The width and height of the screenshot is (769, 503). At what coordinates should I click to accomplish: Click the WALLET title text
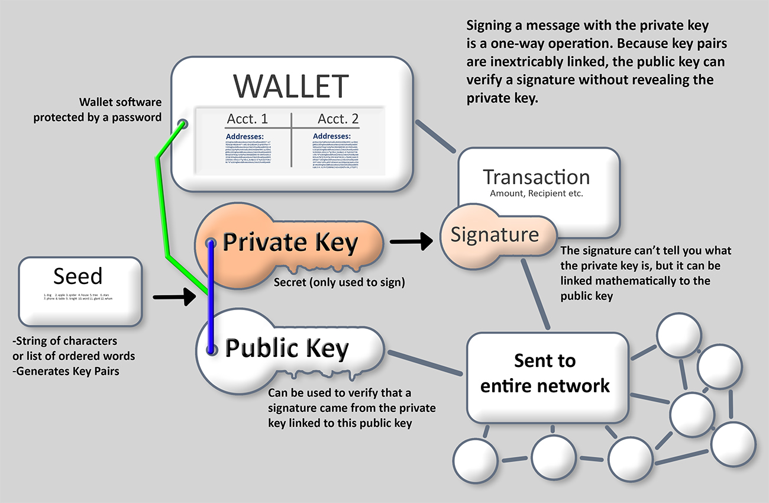(290, 86)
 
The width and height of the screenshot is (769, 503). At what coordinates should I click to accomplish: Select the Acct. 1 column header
(247, 119)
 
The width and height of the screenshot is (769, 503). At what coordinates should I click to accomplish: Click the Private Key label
(290, 243)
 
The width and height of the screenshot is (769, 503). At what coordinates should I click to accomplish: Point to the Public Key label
(287, 349)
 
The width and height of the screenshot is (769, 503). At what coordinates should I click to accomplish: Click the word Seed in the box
(77, 276)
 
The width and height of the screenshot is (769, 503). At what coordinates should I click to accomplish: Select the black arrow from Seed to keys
(174, 297)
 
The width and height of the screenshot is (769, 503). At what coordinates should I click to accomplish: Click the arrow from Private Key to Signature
(411, 241)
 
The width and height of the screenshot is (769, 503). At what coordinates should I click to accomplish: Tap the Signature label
(495, 235)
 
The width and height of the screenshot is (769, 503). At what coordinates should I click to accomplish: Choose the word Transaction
(536, 177)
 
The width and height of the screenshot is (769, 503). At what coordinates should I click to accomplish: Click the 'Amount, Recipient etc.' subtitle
(536, 194)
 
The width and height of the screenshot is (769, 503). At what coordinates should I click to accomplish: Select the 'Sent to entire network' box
(545, 373)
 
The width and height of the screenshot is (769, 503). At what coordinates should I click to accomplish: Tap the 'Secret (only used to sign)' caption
(339, 283)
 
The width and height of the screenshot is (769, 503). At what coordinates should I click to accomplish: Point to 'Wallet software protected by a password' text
(97, 109)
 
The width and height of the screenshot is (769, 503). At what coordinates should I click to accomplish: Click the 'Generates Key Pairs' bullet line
(66, 371)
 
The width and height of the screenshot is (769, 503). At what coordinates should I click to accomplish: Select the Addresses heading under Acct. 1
(245, 137)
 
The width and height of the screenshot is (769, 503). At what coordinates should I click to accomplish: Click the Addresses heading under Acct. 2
(332, 137)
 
